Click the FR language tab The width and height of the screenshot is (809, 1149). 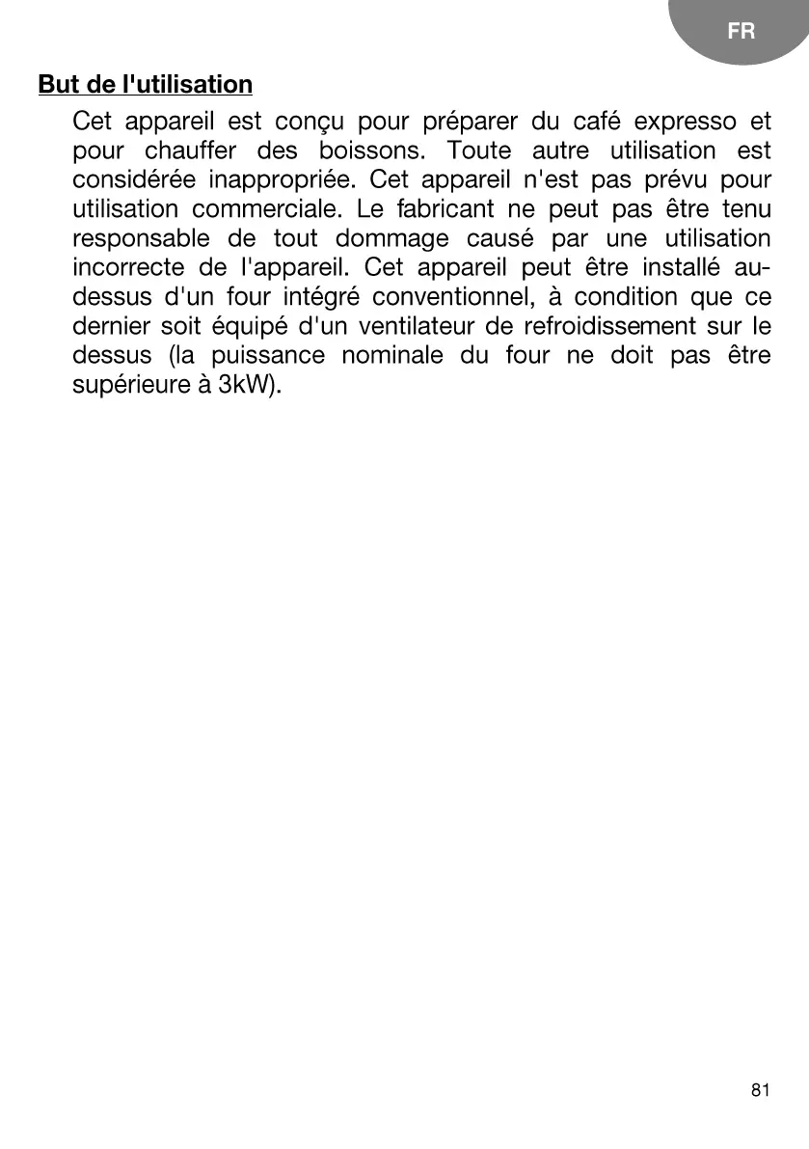(x=741, y=32)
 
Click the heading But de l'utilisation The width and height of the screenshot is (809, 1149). (x=146, y=85)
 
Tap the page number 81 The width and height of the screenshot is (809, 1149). (x=760, y=1090)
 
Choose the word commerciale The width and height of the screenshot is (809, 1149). (x=265, y=209)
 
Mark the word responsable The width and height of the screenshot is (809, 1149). (x=141, y=238)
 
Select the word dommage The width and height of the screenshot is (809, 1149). (x=392, y=238)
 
